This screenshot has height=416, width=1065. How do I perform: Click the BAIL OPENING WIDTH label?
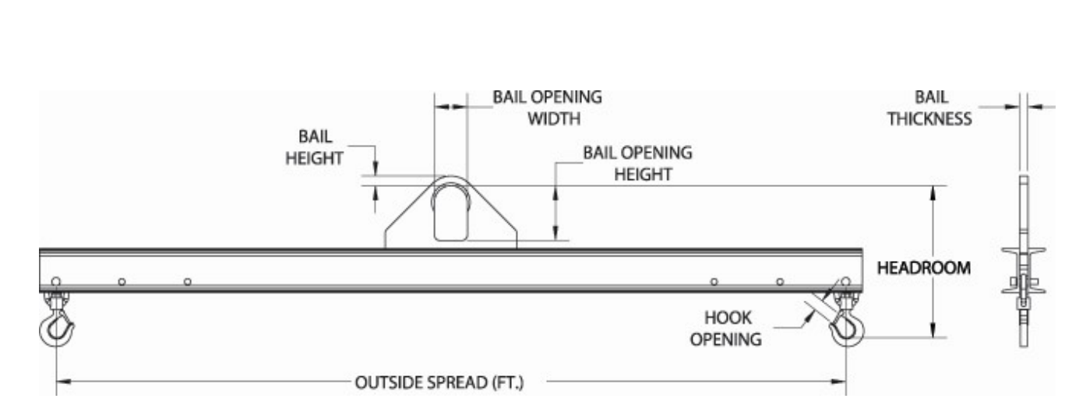click(x=547, y=108)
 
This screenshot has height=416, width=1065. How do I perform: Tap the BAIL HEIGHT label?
click(x=314, y=147)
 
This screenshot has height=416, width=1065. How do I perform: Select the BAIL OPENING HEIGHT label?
click(x=637, y=164)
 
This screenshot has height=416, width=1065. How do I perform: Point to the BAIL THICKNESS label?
click(x=930, y=108)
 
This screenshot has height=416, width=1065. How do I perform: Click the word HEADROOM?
click(x=924, y=268)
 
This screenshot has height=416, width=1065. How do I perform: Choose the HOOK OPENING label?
click(x=726, y=329)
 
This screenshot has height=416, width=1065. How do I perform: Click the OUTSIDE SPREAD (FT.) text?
click(x=439, y=383)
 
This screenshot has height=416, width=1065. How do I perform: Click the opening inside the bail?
click(x=451, y=213)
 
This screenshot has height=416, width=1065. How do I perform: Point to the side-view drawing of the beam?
click(x=1024, y=262)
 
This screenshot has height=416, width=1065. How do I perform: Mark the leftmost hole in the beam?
click(x=55, y=281)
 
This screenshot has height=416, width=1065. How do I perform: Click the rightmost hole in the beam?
click(x=845, y=281)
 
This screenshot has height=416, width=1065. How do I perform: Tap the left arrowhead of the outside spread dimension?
click(x=64, y=381)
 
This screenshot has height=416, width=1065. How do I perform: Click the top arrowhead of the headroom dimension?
click(x=933, y=193)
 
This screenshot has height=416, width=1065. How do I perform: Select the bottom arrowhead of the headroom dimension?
click(x=933, y=330)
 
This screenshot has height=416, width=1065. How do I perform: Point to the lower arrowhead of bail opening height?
click(x=555, y=233)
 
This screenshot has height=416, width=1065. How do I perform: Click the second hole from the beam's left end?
click(x=122, y=282)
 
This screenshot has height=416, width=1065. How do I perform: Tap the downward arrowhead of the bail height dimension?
click(x=376, y=168)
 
